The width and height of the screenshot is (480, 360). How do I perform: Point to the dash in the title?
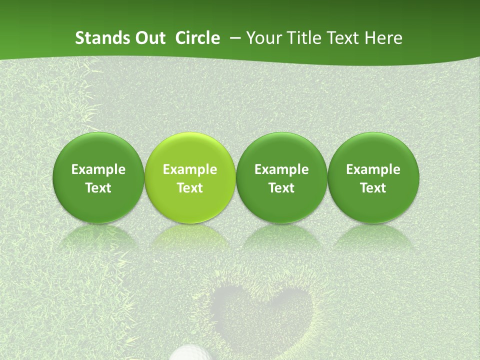pyautogui.click(x=233, y=38)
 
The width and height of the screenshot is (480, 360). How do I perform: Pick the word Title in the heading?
pyautogui.click(x=303, y=38)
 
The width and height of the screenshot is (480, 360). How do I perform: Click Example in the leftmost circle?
pyautogui.click(x=98, y=169)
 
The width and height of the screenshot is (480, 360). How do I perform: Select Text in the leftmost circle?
pyautogui.click(x=98, y=188)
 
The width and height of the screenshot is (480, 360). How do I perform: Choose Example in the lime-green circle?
pyautogui.click(x=190, y=169)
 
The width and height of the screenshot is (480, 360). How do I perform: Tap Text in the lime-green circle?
pyautogui.click(x=190, y=188)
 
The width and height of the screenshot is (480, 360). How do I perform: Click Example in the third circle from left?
pyautogui.click(x=281, y=169)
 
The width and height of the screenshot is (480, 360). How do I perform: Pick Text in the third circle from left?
pyautogui.click(x=281, y=188)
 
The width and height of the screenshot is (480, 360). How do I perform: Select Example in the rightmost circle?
pyautogui.click(x=373, y=169)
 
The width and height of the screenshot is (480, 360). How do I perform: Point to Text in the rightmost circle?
pyautogui.click(x=373, y=188)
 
